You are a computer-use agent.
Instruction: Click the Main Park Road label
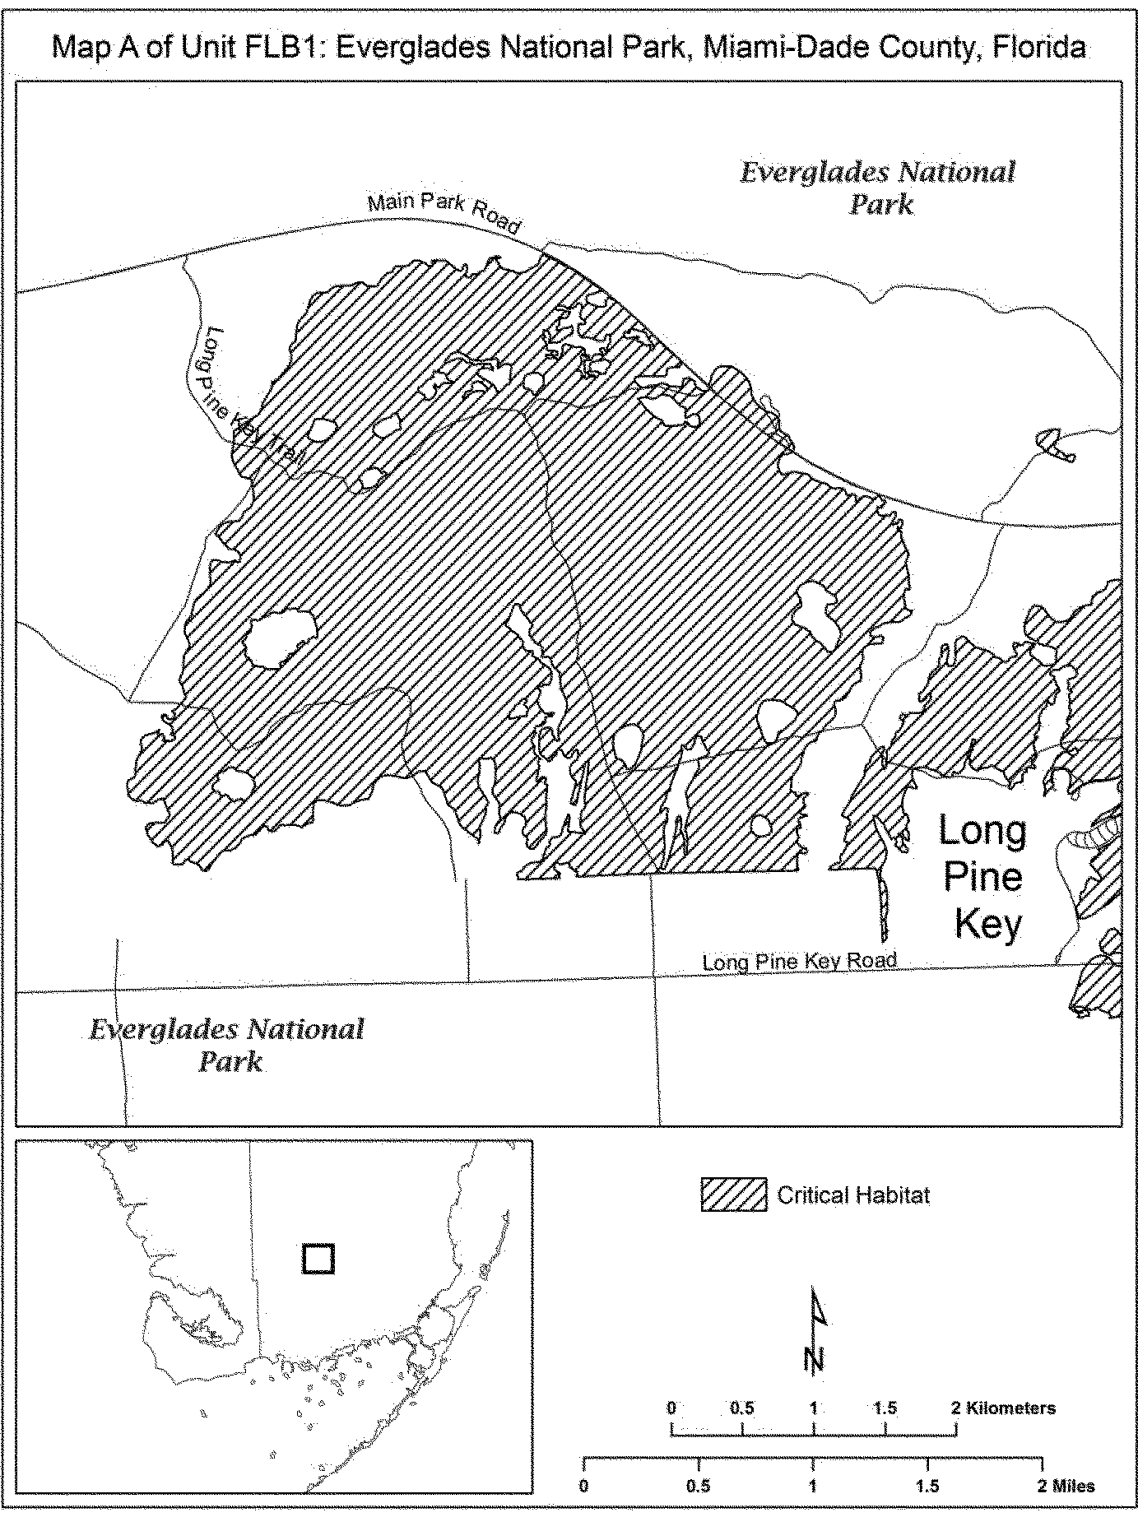[444, 212]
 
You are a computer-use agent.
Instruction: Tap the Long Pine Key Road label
[799, 961]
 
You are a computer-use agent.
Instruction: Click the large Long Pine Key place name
[984, 877]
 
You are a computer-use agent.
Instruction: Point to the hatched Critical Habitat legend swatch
[734, 1195]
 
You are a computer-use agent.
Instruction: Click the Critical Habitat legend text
[853, 1195]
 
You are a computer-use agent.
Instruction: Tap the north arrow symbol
[815, 1330]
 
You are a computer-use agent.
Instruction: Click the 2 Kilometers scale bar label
[1004, 1408]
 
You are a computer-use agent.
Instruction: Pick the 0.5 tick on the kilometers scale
[742, 1408]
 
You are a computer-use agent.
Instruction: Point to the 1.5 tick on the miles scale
[927, 1486]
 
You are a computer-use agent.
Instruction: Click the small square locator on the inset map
[318, 1259]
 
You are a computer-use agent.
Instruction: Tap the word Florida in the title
[1039, 48]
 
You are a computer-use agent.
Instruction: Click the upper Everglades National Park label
[878, 188]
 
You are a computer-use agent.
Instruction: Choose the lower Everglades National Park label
[226, 1045]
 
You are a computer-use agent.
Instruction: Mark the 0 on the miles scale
[583, 1486]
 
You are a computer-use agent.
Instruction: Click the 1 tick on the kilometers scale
[814, 1408]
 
